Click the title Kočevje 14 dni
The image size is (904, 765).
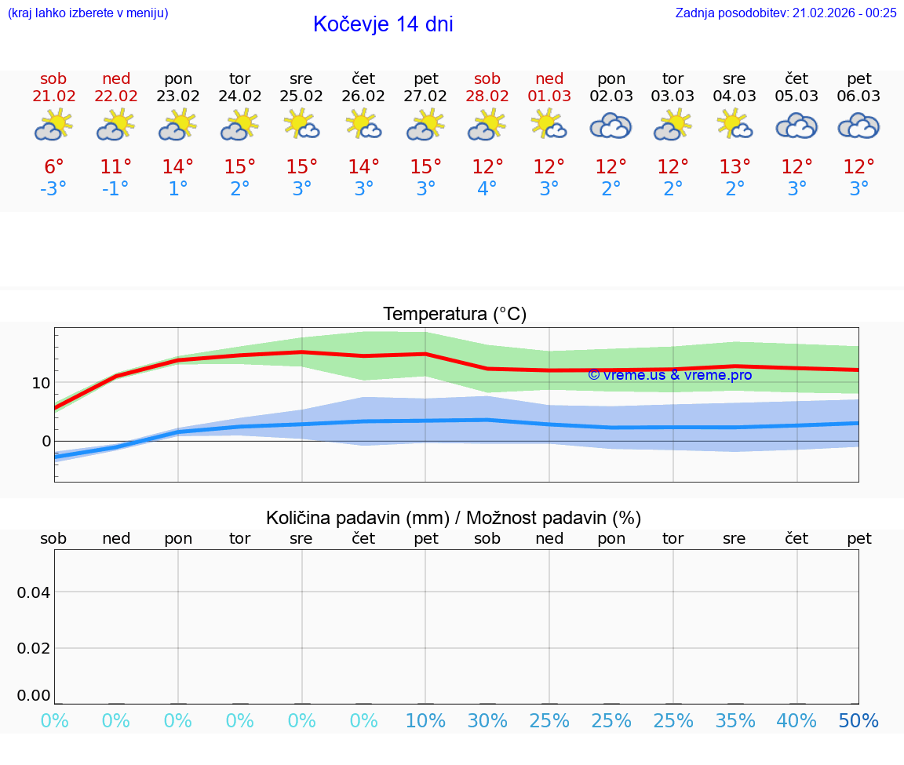pyautogui.click(x=383, y=24)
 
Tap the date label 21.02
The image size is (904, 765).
pyautogui.click(x=53, y=96)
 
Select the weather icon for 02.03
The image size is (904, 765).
pyautogui.click(x=611, y=126)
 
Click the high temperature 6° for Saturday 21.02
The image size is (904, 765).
pyautogui.click(x=53, y=167)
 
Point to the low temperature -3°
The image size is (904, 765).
pyautogui.click(x=53, y=189)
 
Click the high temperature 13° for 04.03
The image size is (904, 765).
pyautogui.click(x=734, y=167)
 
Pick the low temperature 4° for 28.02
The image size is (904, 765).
pyautogui.click(x=487, y=189)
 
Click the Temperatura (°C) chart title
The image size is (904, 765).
pyautogui.click(x=454, y=315)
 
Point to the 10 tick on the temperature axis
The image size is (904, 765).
pyautogui.click(x=41, y=383)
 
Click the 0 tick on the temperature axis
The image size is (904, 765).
pyautogui.click(x=46, y=441)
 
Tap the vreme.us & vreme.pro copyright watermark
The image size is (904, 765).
pyautogui.click(x=670, y=375)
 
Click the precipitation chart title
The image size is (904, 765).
pyautogui.click(x=454, y=518)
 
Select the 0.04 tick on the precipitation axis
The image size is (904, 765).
pyautogui.click(x=34, y=592)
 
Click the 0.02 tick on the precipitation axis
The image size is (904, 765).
pyautogui.click(x=34, y=648)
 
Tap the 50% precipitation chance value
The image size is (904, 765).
pyautogui.click(x=858, y=721)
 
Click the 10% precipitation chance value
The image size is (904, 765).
pyautogui.click(x=425, y=721)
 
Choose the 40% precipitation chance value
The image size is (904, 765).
pyautogui.click(x=796, y=721)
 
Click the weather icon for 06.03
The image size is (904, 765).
pyautogui.click(x=858, y=126)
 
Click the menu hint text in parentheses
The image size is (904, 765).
pyautogui.click(x=88, y=13)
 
